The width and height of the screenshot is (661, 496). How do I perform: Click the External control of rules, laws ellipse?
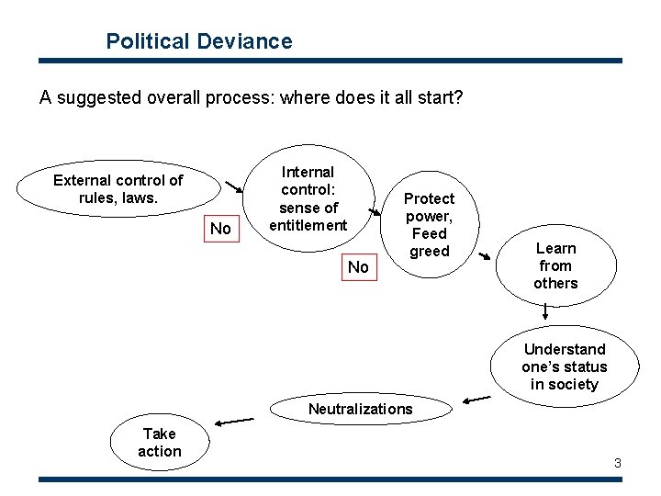118,188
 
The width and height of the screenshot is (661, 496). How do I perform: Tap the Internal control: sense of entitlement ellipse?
308,198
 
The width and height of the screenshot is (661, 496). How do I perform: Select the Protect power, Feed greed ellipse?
429,224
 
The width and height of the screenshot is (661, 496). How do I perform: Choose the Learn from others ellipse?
555,265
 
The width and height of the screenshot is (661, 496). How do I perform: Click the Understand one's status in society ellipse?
564,366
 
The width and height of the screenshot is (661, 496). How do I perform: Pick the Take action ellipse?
160,442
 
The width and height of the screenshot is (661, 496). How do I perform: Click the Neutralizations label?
360,409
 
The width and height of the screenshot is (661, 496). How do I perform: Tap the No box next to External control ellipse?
220,228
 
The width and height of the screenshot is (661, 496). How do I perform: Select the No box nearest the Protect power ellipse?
358,267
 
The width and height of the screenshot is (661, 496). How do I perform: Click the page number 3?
618,463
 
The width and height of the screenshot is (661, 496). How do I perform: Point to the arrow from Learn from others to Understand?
545,316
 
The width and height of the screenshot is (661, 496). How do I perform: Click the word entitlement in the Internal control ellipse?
308,225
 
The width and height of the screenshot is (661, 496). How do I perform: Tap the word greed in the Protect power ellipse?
429,251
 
